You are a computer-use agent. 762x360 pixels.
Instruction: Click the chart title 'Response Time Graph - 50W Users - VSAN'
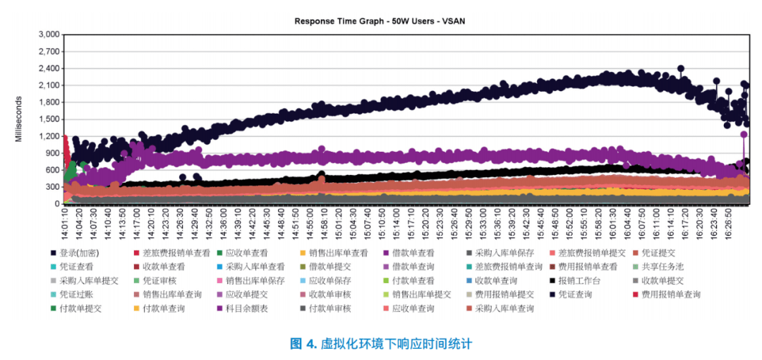click(x=380, y=21)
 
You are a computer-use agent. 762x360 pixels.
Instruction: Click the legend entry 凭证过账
click(x=75, y=294)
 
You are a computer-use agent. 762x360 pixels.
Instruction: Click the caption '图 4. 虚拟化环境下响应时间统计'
click(x=380, y=344)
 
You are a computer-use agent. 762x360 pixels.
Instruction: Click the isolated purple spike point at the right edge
click(x=744, y=134)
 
